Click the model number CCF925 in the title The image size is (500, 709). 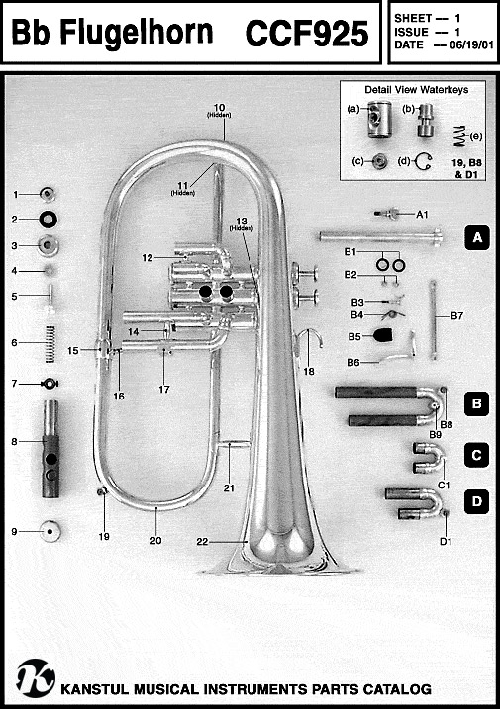pyautogui.click(x=307, y=33)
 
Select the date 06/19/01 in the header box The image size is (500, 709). pyautogui.click(x=471, y=45)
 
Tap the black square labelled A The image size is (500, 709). pyautogui.click(x=477, y=237)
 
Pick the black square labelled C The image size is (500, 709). pyautogui.click(x=476, y=455)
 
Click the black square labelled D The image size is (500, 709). pyautogui.click(x=476, y=501)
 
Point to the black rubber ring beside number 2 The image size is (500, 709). pyautogui.click(x=48, y=220)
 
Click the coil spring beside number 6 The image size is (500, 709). pyautogui.click(x=50, y=344)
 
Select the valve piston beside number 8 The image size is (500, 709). pyautogui.click(x=50, y=449)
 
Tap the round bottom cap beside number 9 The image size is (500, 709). pyautogui.click(x=50, y=531)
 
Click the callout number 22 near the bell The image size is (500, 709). pyautogui.click(x=202, y=541)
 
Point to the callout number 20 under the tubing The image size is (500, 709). pyautogui.click(x=155, y=540)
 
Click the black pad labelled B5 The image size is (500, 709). pyautogui.click(x=383, y=335)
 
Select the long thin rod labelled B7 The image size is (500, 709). pyautogui.click(x=434, y=319)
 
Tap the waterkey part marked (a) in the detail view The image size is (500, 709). pyautogui.click(x=378, y=120)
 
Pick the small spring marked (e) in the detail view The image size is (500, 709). pyautogui.click(x=459, y=136)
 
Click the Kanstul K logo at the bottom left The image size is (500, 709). pyautogui.click(x=36, y=678)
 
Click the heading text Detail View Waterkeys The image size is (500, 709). pyautogui.click(x=416, y=90)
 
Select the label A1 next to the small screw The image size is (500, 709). pyautogui.click(x=422, y=214)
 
